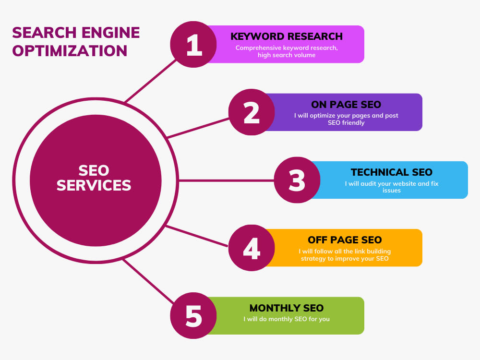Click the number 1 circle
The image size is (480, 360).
tap(193, 44)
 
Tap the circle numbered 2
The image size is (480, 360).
tap(252, 112)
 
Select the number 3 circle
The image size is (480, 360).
tap(297, 180)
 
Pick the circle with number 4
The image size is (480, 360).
tap(252, 248)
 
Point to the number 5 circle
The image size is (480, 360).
tap(193, 316)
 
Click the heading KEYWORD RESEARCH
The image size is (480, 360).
tap(287, 36)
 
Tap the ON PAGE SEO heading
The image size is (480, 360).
tap(346, 104)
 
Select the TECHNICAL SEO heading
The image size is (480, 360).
tap(392, 172)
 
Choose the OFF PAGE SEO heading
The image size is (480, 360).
tap(345, 240)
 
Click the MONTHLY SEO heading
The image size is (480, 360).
tap(287, 308)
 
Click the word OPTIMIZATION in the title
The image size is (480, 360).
tap(70, 51)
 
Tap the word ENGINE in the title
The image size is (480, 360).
tap(110, 33)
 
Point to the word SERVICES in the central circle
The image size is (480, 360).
tap(94, 185)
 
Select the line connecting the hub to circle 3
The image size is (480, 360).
tap(226, 180)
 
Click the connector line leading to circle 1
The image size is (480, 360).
tap(151, 81)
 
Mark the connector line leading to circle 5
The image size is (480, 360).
tap(149, 281)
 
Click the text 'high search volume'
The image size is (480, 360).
tap(287, 55)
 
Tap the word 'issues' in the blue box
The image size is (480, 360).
tap(392, 191)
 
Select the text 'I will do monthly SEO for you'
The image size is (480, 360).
tap(287, 319)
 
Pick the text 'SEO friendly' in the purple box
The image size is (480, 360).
tap(346, 123)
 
